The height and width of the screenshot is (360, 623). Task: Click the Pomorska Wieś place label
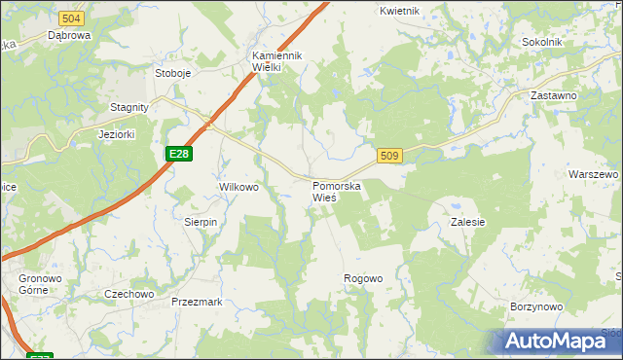pos(337,191)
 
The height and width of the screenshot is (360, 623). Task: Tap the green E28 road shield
pos(178,154)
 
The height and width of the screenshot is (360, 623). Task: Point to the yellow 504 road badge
pos(71,18)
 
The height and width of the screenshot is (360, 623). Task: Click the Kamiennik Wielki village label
pos(278,61)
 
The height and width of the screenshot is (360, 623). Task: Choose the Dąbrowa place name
pos(69,35)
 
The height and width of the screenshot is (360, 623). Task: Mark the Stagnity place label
pos(128,108)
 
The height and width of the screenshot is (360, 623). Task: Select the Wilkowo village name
pos(238,187)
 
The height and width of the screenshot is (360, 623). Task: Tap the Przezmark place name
pos(197,302)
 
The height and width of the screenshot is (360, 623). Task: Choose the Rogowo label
pos(363,279)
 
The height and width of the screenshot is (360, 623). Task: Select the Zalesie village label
pos(467,222)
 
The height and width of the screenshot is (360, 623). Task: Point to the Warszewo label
pos(593,174)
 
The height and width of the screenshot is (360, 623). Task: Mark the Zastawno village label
pos(553,96)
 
